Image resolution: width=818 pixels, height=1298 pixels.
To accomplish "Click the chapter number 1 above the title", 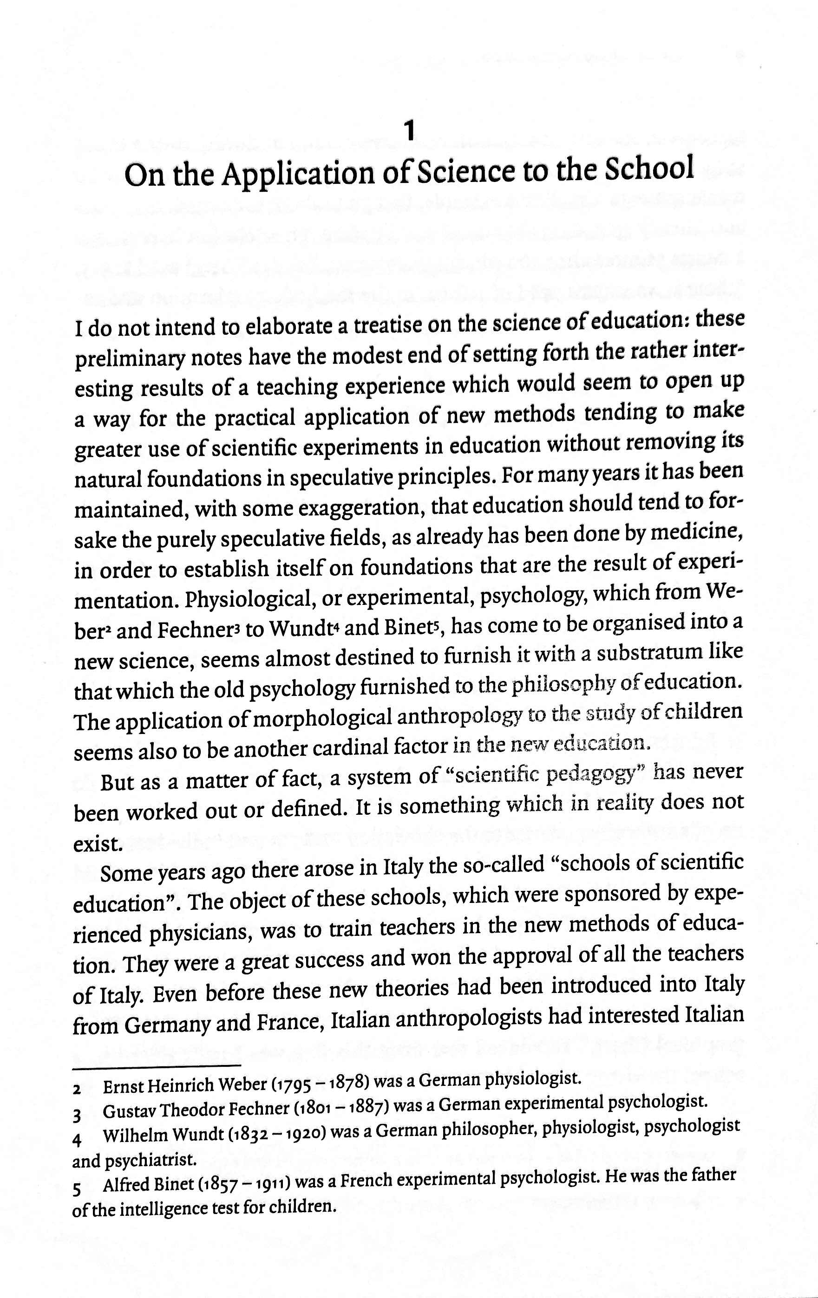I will coord(410,131).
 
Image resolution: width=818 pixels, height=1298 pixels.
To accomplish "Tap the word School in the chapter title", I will coord(648,169).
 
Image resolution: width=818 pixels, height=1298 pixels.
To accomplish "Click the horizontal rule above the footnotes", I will coord(157,1066).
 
